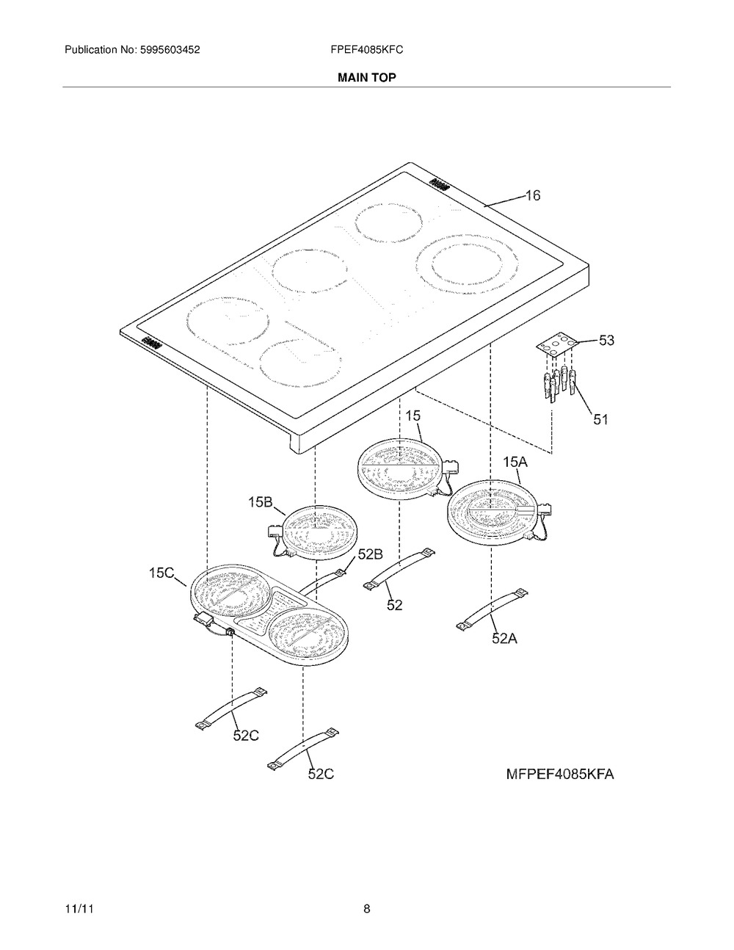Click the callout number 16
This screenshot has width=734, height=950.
click(532, 196)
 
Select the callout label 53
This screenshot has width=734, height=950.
click(606, 341)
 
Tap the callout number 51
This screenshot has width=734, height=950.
click(600, 420)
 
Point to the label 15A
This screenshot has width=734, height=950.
click(515, 463)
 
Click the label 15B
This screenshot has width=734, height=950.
click(260, 502)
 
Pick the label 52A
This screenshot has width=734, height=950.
click(504, 639)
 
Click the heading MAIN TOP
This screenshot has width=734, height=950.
click(366, 77)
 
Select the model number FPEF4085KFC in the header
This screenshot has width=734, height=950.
click(366, 50)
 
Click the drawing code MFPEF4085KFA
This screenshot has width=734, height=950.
click(559, 775)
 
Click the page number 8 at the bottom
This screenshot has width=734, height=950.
click(366, 909)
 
